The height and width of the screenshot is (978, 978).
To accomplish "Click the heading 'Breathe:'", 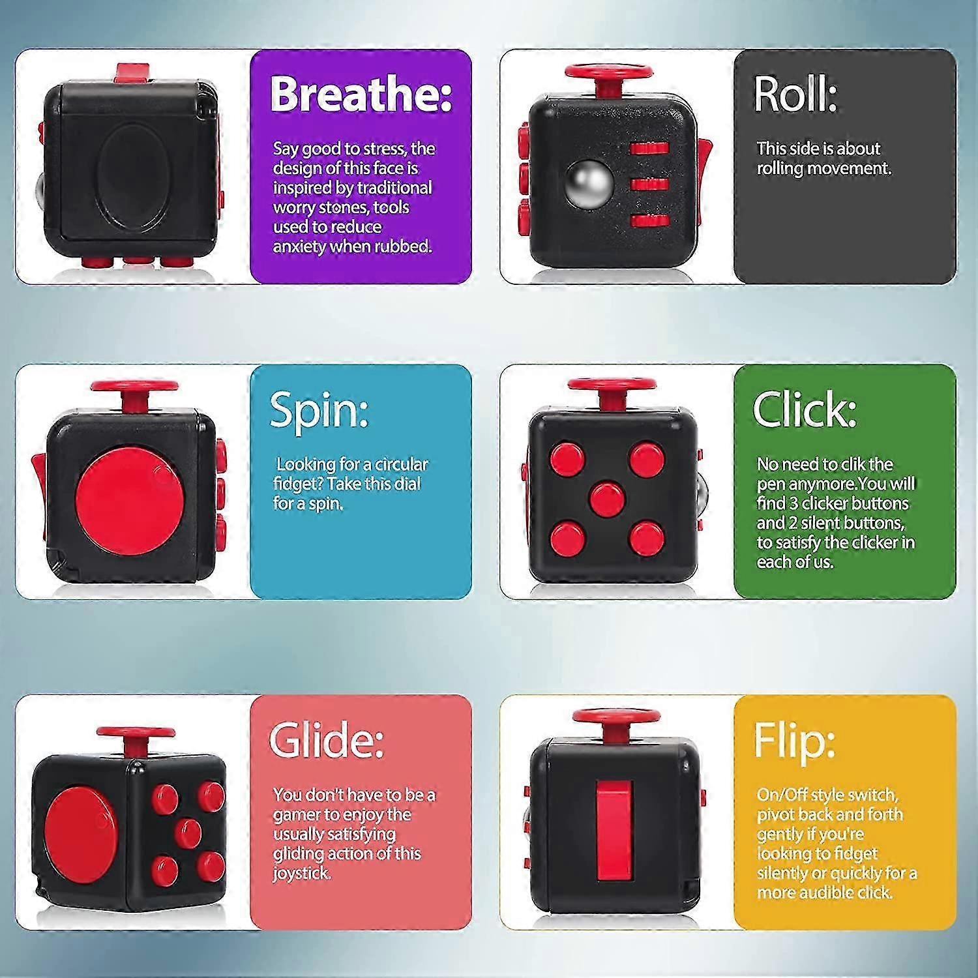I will (361, 94).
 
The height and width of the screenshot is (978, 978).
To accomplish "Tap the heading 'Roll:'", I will (795, 95).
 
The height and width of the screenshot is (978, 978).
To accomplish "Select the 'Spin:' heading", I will (319, 409).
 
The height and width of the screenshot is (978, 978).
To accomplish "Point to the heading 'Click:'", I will (804, 409).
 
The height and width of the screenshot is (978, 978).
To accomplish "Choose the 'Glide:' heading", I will (326, 740).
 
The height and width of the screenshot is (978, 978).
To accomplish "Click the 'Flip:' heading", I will (794, 741).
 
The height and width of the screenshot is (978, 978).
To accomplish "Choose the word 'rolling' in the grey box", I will (780, 168).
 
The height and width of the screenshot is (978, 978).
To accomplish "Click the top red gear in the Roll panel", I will (649, 148).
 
